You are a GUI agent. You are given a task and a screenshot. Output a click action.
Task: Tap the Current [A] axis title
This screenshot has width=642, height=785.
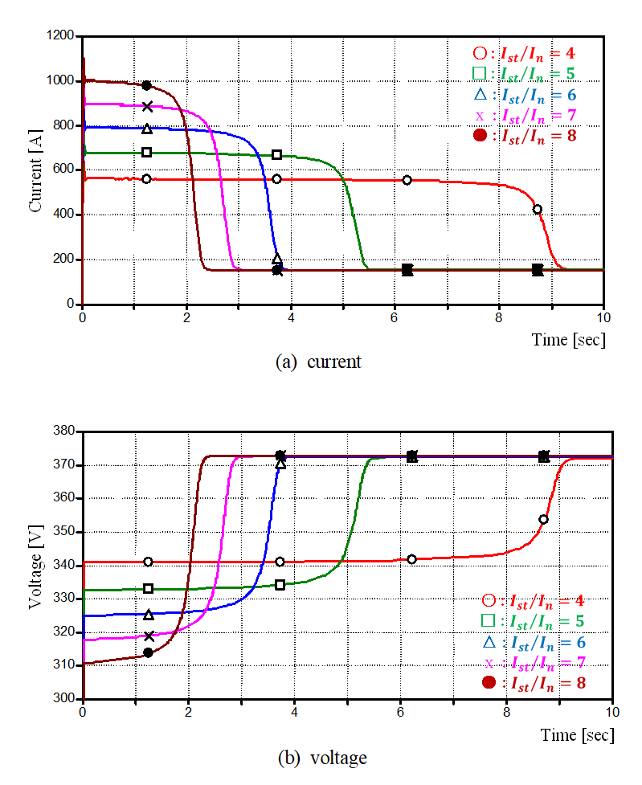(35, 170)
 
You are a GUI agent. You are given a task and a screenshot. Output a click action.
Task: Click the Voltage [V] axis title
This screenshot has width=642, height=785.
(35, 565)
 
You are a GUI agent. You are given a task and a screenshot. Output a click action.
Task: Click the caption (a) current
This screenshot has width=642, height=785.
(318, 362)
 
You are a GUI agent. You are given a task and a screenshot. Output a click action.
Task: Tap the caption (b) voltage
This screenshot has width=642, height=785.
(321, 758)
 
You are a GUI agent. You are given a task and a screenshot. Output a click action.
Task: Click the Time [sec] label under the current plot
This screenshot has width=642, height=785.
(569, 340)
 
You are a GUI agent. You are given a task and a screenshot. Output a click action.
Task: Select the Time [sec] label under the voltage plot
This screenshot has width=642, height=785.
(578, 735)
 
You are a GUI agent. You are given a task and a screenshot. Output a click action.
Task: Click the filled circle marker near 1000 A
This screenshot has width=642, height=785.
(146, 85)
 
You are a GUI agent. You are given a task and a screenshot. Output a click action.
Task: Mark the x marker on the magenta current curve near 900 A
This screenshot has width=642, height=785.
(147, 106)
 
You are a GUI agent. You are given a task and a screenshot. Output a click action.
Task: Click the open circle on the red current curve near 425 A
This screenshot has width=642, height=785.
(538, 210)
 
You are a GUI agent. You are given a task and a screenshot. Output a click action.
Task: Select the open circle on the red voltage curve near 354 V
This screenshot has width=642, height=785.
(544, 519)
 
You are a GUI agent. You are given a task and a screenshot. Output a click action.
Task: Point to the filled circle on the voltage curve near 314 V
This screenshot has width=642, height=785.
(148, 652)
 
